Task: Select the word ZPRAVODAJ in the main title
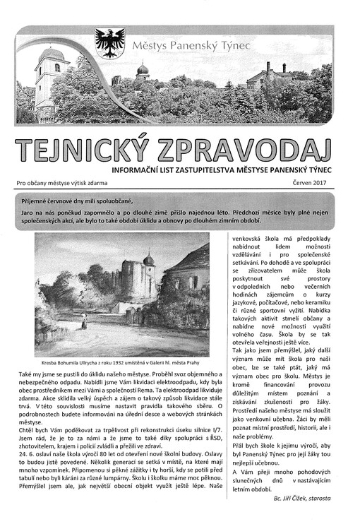point(250,149)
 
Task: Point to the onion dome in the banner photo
point(142,70)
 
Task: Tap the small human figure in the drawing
point(83,323)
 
